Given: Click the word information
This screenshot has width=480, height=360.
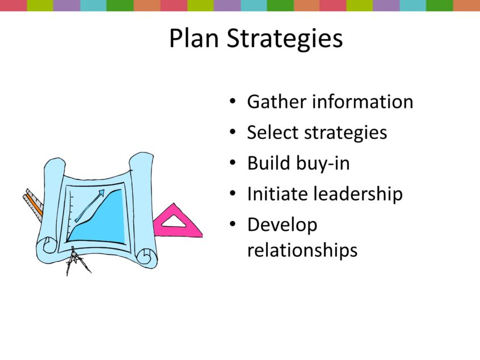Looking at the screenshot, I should pyautogui.click(x=363, y=102).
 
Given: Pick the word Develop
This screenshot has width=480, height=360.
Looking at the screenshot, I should pyautogui.click(x=282, y=225).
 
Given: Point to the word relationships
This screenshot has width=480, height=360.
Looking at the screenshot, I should pyautogui.click(x=302, y=250).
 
